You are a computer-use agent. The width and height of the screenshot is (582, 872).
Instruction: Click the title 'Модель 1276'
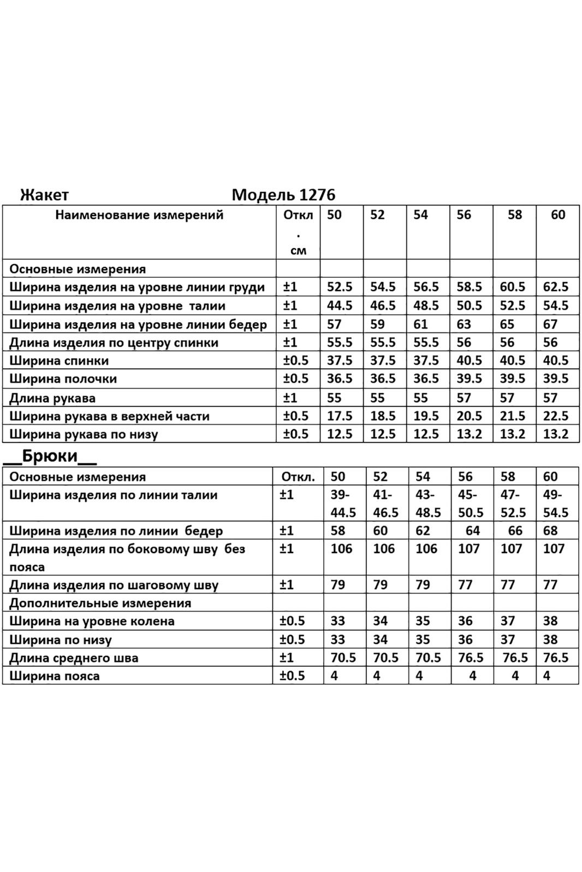283,194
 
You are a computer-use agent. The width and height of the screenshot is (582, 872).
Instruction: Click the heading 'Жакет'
44,194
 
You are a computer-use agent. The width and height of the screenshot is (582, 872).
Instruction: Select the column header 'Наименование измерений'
139,215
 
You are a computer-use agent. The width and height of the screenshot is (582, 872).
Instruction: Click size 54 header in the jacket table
420,215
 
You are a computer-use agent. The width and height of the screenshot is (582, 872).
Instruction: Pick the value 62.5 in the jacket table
556,287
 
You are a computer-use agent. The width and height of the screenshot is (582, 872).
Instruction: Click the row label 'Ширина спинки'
59,360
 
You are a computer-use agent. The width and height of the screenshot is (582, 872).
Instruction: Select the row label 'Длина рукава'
52,398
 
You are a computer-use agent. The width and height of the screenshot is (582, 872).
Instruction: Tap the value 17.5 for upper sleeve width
339,416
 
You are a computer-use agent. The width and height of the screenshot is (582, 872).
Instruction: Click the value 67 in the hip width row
550,324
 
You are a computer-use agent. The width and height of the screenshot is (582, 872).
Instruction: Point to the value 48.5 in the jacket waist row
426,305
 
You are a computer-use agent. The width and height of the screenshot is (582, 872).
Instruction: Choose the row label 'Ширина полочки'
63,379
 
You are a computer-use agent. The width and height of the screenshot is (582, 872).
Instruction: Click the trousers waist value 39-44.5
343,503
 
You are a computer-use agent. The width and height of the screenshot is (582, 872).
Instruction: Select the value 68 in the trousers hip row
550,530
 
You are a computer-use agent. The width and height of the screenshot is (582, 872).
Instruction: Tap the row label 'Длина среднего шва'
74,658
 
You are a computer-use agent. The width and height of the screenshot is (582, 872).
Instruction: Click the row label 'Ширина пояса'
55,676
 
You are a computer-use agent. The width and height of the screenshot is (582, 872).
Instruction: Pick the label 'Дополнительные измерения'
100,603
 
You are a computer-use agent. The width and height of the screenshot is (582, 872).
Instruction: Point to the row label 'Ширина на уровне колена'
92,621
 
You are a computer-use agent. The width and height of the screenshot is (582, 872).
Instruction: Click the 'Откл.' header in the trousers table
298,477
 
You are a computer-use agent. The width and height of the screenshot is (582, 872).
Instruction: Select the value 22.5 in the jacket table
556,416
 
